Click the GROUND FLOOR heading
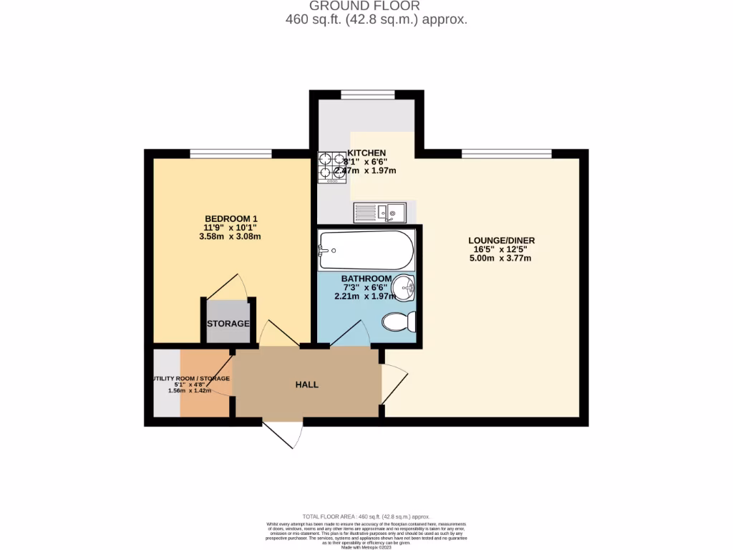coord(376,6)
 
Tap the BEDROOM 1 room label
coord(230,218)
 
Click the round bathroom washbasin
coord(405,289)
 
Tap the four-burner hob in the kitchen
coord(332,166)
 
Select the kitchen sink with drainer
coord(380,211)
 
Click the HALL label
coord(307,385)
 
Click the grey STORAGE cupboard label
coord(228,324)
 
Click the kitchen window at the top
coord(367,94)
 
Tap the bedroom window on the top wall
coord(230,153)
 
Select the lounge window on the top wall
coord(507,153)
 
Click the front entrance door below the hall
coord(283,435)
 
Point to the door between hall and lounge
coord(394,383)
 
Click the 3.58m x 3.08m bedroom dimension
coord(230,236)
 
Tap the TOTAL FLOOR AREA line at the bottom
coord(366,516)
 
